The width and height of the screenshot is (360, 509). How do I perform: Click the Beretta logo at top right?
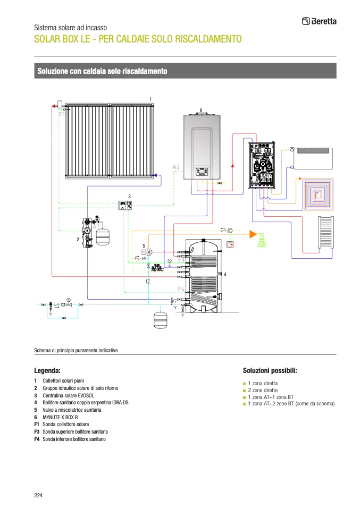[x=319, y=21]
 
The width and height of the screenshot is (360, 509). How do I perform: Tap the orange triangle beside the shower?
[x=253, y=233]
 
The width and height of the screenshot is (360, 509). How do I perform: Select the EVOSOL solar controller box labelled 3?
[x=125, y=206]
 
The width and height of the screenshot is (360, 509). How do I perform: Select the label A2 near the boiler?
[x=176, y=167]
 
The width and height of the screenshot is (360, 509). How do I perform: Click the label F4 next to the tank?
[x=181, y=289]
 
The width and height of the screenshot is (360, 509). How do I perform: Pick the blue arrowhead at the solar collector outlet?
[x=153, y=174]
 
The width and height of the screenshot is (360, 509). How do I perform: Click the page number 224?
[x=38, y=496]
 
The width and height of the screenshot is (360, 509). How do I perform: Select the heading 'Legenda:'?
[x=47, y=370]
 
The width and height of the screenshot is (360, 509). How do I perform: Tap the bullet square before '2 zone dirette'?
[x=245, y=391]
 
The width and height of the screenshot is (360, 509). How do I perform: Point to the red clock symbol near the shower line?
[x=230, y=245]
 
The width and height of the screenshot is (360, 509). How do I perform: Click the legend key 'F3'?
[x=37, y=432]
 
